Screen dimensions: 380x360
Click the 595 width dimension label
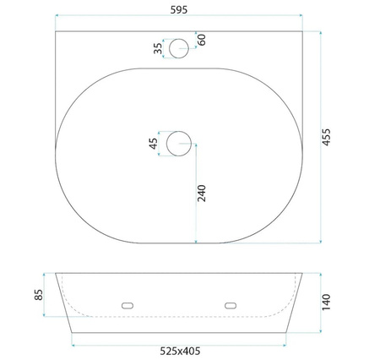point(179,10)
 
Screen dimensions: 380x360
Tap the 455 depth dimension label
point(326,137)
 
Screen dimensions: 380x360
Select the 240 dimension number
point(202,194)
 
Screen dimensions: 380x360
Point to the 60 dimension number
point(202,40)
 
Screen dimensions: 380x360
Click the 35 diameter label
point(158,48)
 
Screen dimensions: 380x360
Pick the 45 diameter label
point(154,144)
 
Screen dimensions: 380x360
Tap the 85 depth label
point(39,295)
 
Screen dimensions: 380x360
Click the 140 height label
point(326,303)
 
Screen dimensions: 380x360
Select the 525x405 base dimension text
point(180,352)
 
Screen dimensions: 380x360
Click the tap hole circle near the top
point(179,39)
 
